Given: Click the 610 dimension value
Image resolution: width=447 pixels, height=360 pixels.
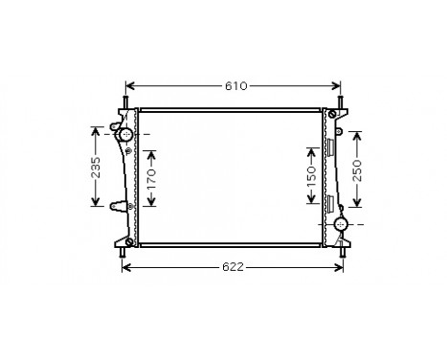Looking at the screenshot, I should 235,86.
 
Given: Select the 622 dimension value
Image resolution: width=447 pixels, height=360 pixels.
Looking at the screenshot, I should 233,267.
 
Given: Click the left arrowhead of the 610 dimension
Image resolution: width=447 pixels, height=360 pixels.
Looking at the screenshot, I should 131,86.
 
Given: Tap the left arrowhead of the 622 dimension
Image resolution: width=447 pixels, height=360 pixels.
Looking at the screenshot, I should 125,267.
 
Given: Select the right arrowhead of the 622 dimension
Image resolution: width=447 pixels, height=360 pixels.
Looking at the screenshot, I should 343,267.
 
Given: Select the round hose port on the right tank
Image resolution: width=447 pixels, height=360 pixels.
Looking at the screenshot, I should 340,225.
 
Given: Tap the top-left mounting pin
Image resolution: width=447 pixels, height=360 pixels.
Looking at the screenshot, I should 125,101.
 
